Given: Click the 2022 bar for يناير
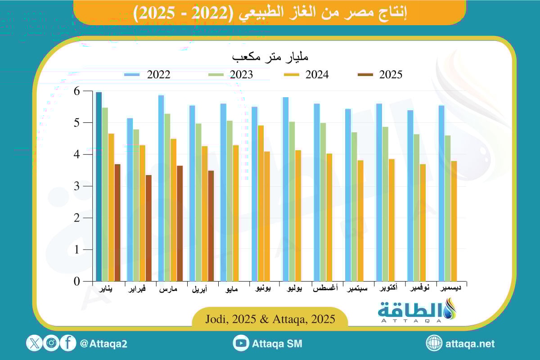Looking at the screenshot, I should point(99,186).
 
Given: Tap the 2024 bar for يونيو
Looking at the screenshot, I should point(267,216).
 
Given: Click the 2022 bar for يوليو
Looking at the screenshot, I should point(285,189).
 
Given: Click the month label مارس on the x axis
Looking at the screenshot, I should point(168,289).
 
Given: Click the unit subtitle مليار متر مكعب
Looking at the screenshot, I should point(270,58).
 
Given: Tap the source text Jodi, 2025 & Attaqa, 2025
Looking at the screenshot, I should point(270,319).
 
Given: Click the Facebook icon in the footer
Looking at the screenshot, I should point(68,344).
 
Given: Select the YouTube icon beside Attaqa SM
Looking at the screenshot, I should point(241,344).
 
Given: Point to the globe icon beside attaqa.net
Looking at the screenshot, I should point(434,344).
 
